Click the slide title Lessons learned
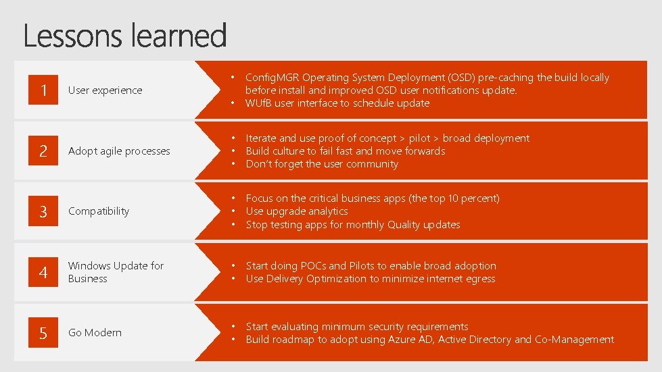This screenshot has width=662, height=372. tap(125, 35)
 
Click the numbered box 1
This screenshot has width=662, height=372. tap(43, 90)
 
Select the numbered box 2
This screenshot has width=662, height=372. tap(43, 151)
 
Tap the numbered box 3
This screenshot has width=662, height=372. tap(43, 211)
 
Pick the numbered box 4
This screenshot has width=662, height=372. tap(43, 272)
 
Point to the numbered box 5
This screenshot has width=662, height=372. tap(43, 333)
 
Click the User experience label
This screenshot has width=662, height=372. tap(105, 90)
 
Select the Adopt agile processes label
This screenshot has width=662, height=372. tap(119, 151)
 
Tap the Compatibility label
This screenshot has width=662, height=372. tap(99, 211)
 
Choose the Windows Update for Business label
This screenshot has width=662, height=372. tap(116, 272)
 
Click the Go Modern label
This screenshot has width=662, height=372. tap(95, 333)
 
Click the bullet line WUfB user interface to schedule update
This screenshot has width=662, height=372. tap(337, 103)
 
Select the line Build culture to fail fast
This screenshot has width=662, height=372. tap(345, 151)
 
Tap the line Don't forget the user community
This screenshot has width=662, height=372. tap(322, 164)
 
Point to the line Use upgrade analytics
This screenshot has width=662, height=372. tap(296, 211)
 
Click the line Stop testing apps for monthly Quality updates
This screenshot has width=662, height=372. tap(352, 225)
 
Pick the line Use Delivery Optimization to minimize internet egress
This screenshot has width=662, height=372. tap(370, 279)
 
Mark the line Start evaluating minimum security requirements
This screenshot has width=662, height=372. tap(356, 327)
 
